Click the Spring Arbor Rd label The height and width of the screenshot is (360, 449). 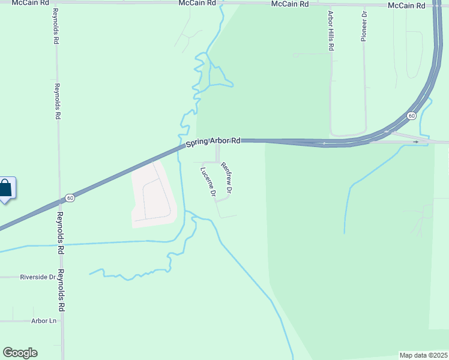(x=213, y=142)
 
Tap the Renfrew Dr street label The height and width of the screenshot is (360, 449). (x=226, y=178)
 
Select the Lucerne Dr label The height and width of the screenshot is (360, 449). (x=208, y=181)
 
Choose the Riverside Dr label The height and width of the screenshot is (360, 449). (x=37, y=277)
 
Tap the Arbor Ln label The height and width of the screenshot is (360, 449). (x=43, y=321)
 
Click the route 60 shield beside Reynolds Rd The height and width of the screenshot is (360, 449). (x=70, y=198)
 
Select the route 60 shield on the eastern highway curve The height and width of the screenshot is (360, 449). (x=411, y=115)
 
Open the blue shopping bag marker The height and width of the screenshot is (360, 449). (x=5, y=188)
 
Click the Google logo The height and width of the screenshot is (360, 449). (x=20, y=353)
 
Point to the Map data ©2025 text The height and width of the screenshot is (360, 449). (x=423, y=355)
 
